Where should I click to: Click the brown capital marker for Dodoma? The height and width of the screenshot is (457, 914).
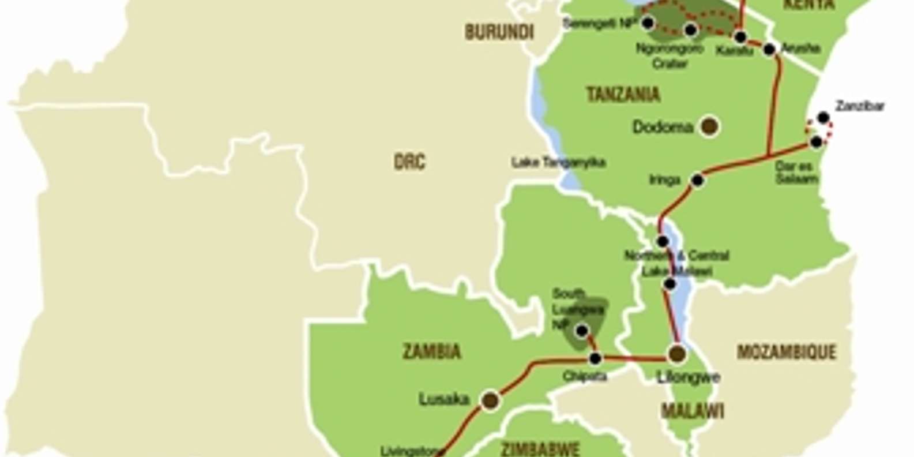pos(709,126)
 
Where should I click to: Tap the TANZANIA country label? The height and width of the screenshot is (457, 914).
pos(623,95)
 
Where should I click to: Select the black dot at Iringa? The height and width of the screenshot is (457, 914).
pos(697,180)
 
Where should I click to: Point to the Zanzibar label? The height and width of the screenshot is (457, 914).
pos(859,106)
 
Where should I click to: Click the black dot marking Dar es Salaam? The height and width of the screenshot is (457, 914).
pos(816,141)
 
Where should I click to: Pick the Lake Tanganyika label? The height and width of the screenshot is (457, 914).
pos(558,163)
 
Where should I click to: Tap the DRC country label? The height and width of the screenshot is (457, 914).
pos(409,162)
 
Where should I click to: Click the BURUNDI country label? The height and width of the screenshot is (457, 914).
pos(499,32)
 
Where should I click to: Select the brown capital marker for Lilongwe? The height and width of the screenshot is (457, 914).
pos(677,353)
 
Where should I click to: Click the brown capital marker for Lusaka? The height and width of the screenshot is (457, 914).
pos(490,399)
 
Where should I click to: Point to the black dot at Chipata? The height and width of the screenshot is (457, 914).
pos(595,359)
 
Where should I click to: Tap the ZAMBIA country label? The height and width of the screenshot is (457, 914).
pos(431,351)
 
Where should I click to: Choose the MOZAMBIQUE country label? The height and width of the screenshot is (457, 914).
pos(786,352)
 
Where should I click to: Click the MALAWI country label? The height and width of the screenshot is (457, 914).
pos(692,411)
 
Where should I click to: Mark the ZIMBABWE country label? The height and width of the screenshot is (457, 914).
pos(539,449)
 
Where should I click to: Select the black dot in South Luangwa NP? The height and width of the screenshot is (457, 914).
pos(582,331)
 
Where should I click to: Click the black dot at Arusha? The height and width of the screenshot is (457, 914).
pos(769,50)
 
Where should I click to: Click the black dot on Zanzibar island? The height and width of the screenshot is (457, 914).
pos(823,118)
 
